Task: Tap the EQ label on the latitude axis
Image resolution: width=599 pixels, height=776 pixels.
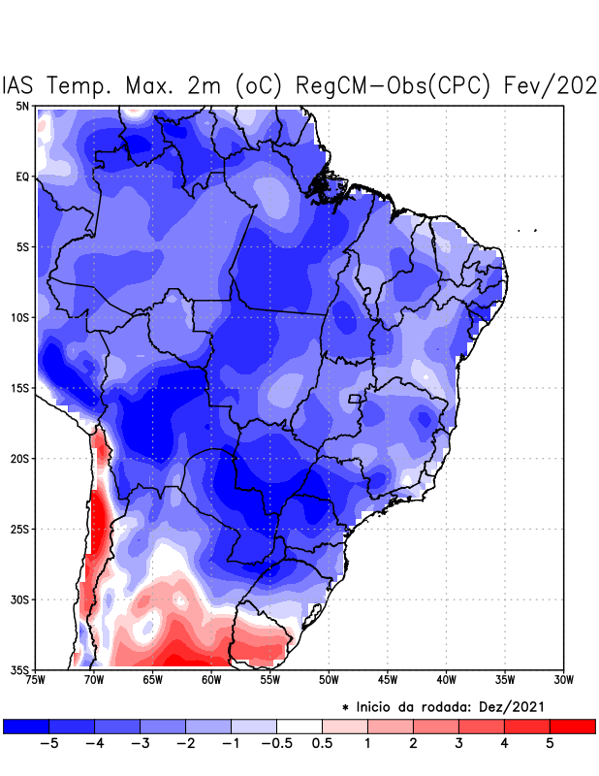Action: coord(22,177)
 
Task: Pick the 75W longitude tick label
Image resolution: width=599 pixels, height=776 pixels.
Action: coord(37,680)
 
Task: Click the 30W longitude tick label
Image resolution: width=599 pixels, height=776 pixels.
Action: coord(563,680)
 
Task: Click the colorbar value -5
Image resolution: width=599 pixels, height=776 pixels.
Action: coord(44,743)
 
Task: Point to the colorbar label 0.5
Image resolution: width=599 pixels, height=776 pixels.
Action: coord(323,743)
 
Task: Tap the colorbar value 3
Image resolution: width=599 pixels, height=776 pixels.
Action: coord(458,743)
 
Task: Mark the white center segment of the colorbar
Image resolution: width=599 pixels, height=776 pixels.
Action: coord(299,726)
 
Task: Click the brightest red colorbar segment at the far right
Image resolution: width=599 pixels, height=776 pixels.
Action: coord(572,726)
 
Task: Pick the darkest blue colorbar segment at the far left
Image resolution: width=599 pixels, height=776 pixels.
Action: coord(26,726)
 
